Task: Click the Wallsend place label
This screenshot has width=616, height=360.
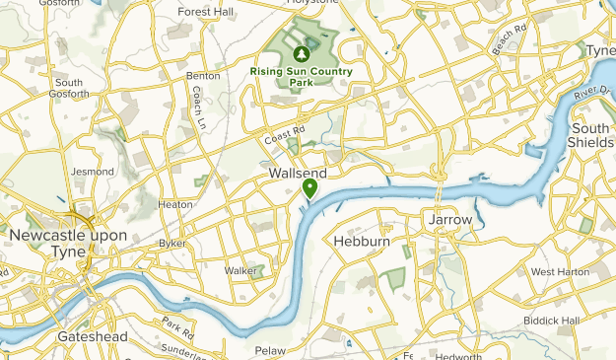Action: [297, 173]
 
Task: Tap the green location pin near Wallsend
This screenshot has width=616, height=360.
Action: [309, 187]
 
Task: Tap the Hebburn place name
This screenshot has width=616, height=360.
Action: [363, 241]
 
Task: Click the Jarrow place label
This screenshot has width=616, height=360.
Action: [451, 219]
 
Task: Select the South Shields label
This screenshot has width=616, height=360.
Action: [590, 135]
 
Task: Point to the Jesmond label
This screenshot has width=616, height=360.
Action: [94, 171]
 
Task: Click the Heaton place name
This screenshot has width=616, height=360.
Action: [175, 204]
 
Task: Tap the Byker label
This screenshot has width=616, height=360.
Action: [172, 243]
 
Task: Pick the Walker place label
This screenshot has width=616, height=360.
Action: [240, 269]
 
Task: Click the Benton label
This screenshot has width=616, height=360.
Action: [202, 75]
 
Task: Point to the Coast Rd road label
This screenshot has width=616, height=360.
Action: [287, 134]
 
